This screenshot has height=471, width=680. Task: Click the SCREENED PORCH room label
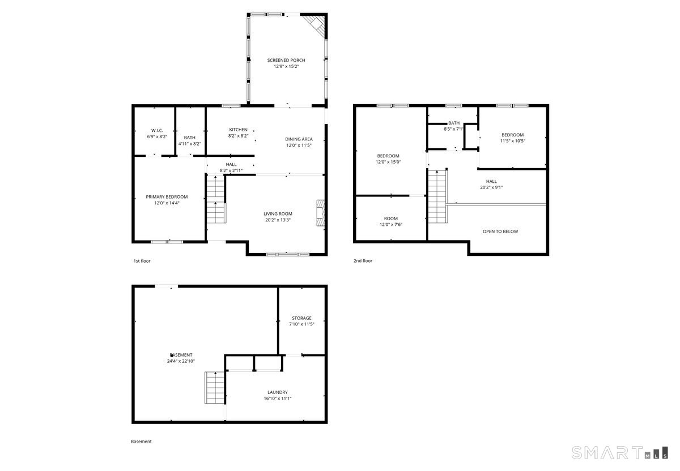pyautogui.click(x=286, y=61)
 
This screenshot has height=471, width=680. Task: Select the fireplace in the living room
pyautogui.click(x=320, y=213)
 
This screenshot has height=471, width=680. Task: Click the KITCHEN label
pyautogui.click(x=238, y=130)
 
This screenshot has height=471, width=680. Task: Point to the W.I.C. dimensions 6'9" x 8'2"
pyautogui.click(x=157, y=136)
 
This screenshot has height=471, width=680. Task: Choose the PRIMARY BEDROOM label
pyautogui.click(x=167, y=197)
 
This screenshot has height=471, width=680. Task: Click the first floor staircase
pyautogui.click(x=216, y=199)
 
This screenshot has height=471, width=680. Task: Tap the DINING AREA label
pyautogui.click(x=299, y=139)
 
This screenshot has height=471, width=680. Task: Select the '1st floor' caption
pyautogui.click(x=142, y=261)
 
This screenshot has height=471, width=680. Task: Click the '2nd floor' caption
pyautogui.click(x=363, y=261)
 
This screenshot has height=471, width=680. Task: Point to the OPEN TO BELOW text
pyautogui.click(x=500, y=232)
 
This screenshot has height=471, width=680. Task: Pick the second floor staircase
pyautogui.click(x=437, y=196)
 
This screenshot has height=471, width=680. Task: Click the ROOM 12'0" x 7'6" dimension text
pyautogui.click(x=390, y=224)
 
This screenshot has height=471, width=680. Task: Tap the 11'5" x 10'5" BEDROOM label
pyautogui.click(x=512, y=135)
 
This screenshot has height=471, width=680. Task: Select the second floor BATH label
pyautogui.click(x=454, y=123)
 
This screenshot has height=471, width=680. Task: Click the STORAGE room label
pyautogui.click(x=301, y=318)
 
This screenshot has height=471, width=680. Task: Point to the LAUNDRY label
pyautogui.click(x=278, y=392)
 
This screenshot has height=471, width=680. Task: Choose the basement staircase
pyautogui.click(x=215, y=387)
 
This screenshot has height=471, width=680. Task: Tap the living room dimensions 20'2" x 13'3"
pyautogui.click(x=278, y=220)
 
